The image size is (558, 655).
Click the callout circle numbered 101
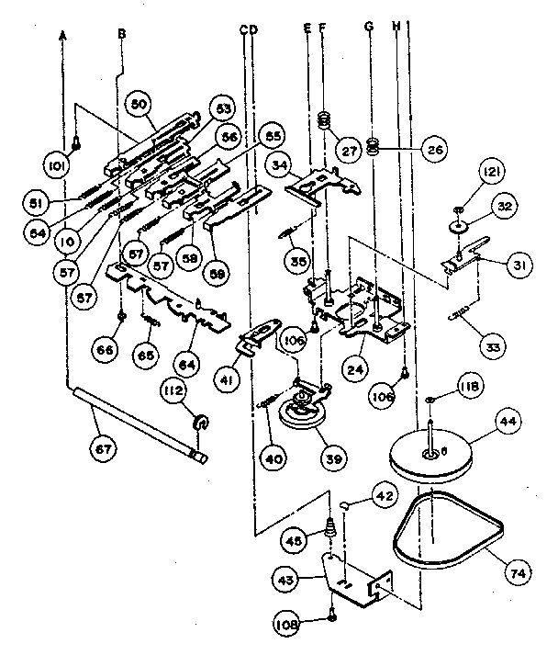pos(55,165)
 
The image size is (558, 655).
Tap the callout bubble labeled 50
pos(139,105)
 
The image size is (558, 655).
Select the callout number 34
pos(281,164)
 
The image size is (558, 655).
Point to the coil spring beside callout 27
pos(324,120)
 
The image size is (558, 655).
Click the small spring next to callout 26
pos(373,145)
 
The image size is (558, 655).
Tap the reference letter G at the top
pos(369,28)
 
